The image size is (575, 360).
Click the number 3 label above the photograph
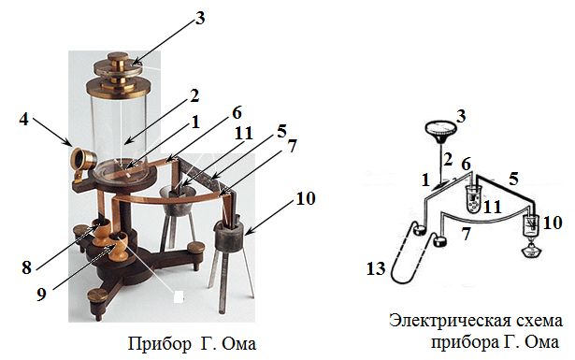pos(200,18)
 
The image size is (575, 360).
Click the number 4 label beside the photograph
pos(23,120)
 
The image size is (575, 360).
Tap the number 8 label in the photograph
pos(26,267)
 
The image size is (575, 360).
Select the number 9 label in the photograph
pos(41,294)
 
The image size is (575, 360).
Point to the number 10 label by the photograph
pos(306,198)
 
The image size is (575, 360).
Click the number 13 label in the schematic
pos(376,268)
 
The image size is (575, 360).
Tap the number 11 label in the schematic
pos(493,208)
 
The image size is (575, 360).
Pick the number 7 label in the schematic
pos(466,234)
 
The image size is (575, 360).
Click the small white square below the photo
pos(179,296)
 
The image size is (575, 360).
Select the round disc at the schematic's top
pos(440,129)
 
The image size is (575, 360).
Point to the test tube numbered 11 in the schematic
pos(474,200)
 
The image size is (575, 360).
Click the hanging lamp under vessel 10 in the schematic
pos(531,249)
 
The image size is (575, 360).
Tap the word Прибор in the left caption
pos(160,343)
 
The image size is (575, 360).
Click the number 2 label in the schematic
pos(447,160)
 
